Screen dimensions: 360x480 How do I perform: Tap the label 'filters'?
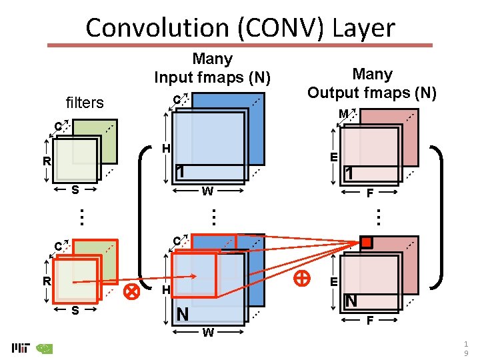(85, 103)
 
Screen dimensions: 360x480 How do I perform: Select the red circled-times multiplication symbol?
(132, 290)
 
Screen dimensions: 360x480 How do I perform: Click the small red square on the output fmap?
(366, 242)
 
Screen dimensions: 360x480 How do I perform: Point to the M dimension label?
(343, 115)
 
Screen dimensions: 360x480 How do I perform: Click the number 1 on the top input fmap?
(179, 171)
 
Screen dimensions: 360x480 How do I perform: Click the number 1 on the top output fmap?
(348, 173)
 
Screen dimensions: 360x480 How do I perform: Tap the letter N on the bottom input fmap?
(181, 313)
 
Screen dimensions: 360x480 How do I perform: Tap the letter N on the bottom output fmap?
(351, 301)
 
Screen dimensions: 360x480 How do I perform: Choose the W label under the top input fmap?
(207, 191)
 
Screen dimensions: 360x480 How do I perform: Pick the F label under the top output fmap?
(369, 193)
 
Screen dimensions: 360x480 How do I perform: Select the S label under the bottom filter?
(75, 310)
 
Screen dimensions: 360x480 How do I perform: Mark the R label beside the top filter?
(47, 161)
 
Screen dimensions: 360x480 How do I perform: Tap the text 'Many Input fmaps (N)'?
(212, 68)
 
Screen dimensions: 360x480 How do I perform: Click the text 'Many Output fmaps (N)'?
(372, 83)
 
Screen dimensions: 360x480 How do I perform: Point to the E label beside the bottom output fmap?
(333, 282)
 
